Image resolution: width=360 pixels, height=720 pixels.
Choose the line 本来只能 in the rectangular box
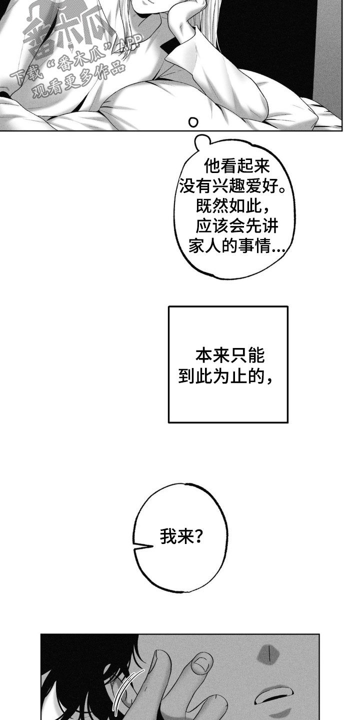229,357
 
